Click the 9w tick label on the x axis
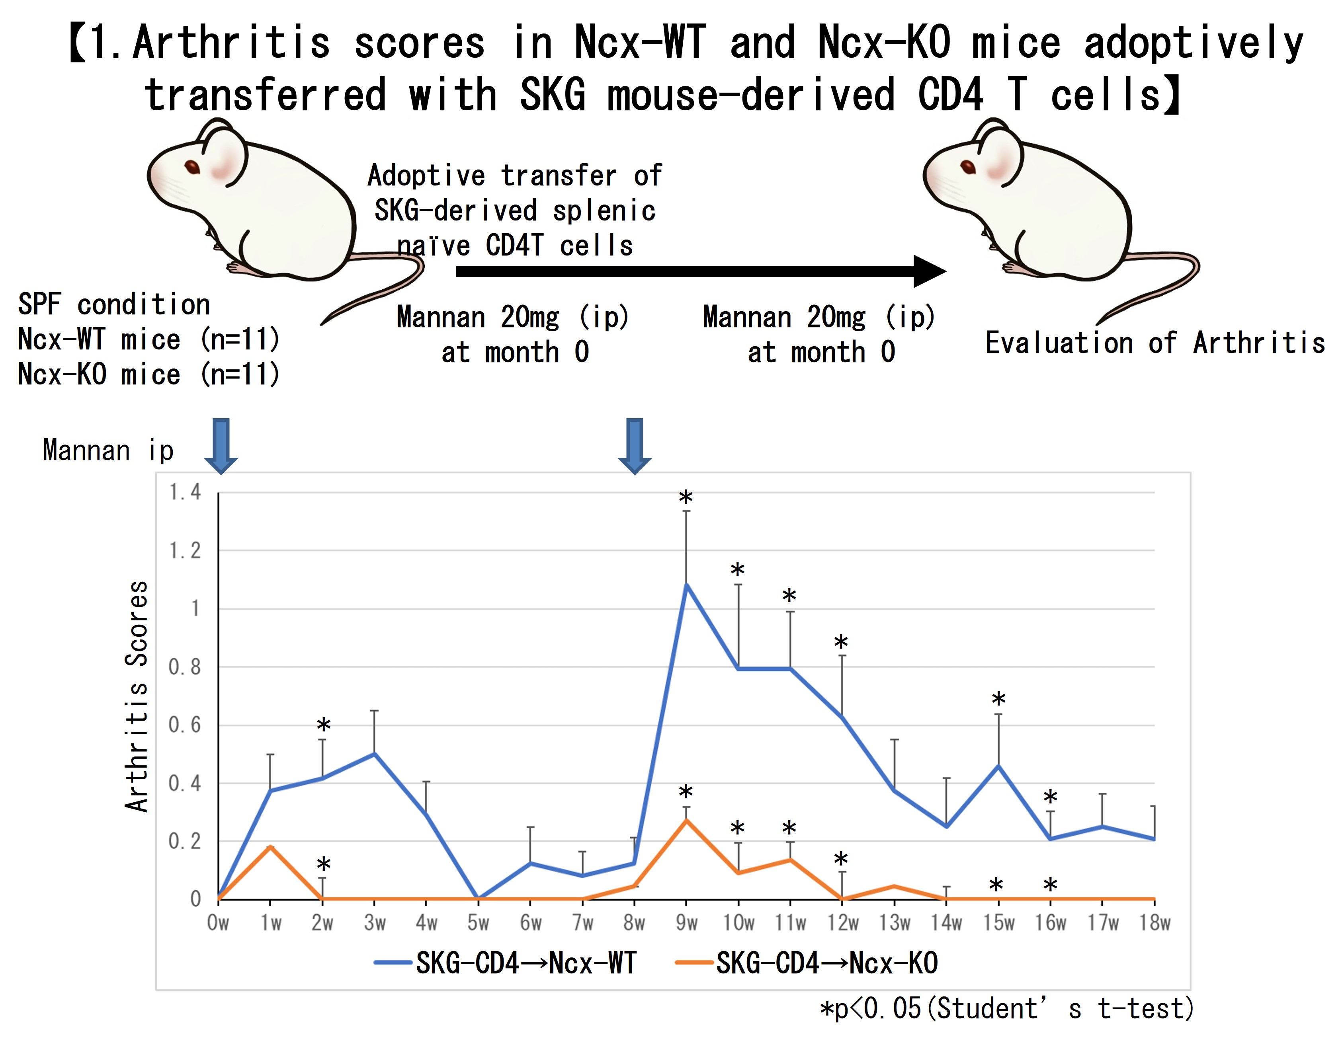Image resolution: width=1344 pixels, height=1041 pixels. (686, 923)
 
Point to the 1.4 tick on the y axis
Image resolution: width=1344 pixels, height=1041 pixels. (185, 492)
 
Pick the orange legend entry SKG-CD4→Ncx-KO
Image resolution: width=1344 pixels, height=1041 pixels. (826, 963)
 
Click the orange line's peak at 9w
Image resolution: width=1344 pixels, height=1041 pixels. (686, 820)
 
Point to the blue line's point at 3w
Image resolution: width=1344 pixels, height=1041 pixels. (374, 753)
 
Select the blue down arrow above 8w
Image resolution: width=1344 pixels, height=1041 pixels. (635, 445)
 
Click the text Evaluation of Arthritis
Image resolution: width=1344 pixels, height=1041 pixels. (1155, 343)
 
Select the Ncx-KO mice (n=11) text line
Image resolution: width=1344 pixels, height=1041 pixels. (149, 374)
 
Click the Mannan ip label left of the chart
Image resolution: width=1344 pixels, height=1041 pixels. (108, 450)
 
